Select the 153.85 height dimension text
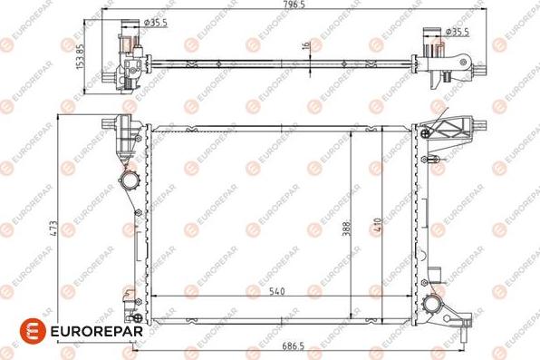coord(81,54)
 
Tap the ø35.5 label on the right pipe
coord(458,32)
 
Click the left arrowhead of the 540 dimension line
coord(153,298)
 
